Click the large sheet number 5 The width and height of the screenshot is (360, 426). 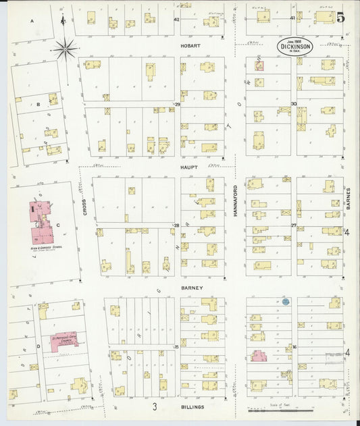pyautogui.click(x=341, y=18)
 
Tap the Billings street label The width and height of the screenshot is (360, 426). pyautogui.click(x=192, y=407)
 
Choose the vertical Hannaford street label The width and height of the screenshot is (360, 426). pyautogui.click(x=236, y=200)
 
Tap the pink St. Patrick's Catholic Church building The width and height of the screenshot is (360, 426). pyautogui.click(x=61, y=340)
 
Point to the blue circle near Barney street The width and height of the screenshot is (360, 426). pyautogui.click(x=286, y=302)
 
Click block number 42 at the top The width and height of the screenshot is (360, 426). pyautogui.click(x=177, y=20)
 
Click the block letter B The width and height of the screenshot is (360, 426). pyautogui.click(x=38, y=105)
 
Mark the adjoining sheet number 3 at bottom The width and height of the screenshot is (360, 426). pyautogui.click(x=154, y=406)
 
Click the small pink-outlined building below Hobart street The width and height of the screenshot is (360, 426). pyautogui.click(x=259, y=66)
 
